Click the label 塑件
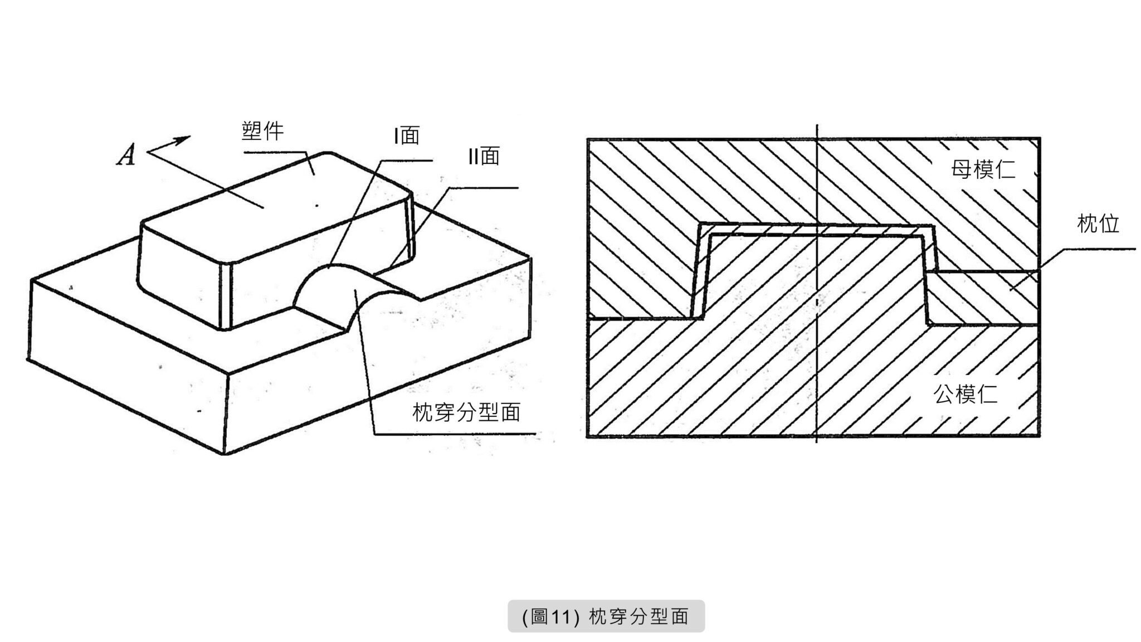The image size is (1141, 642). click(x=262, y=131)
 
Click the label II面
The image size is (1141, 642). click(x=484, y=156)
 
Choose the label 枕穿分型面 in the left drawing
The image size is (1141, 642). click(x=466, y=412)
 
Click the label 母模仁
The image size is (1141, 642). click(x=983, y=169)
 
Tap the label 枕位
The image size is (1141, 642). click(x=1098, y=224)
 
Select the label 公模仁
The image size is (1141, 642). click(x=966, y=395)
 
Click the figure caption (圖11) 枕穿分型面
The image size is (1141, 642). click(x=606, y=616)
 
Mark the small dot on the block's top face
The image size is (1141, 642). click(x=317, y=206)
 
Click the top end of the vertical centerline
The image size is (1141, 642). click(x=817, y=125)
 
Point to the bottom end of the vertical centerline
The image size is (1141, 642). click(x=817, y=441)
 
